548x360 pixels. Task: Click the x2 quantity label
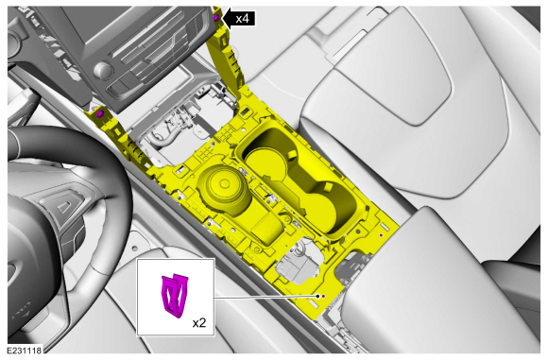200,323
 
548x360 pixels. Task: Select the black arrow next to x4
228,18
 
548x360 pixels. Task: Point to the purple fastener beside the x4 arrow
216,18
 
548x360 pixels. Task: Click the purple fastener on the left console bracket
99,113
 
